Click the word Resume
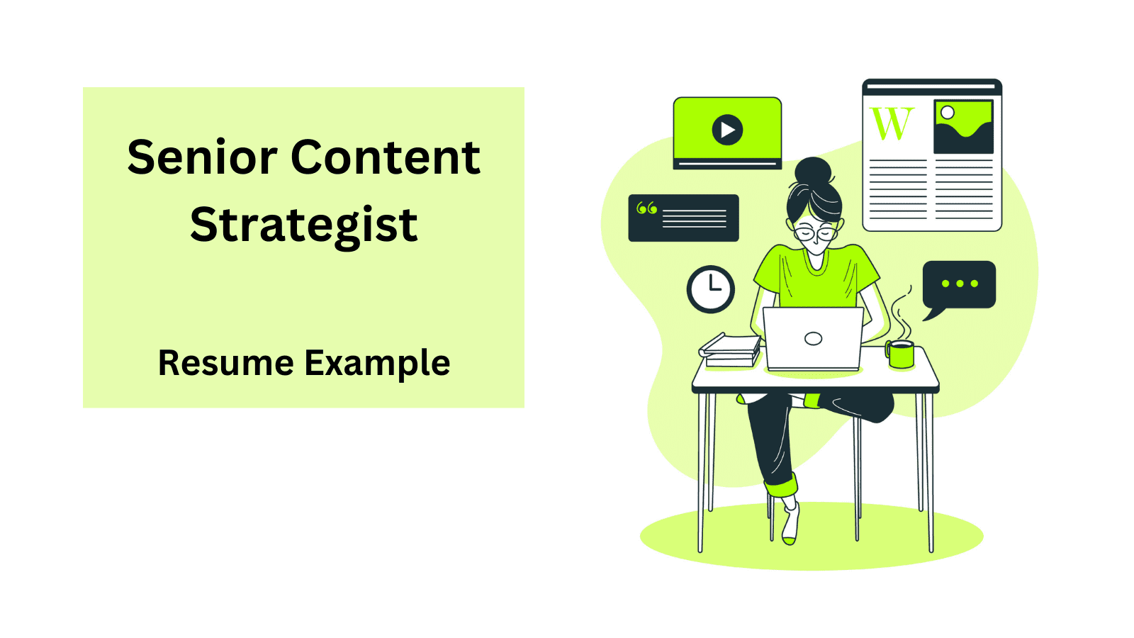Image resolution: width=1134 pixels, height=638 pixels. point(226,362)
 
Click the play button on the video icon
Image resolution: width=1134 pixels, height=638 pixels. point(727,130)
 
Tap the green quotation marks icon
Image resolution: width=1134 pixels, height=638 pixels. point(646,208)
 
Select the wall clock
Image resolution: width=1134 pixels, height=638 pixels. point(711,289)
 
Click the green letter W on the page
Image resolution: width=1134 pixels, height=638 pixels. point(892,123)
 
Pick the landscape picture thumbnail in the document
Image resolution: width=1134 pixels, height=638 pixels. point(963,127)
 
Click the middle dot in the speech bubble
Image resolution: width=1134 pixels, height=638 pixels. point(960,284)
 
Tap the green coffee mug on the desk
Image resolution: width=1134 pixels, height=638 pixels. point(900,354)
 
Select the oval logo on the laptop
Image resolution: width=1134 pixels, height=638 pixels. point(813,339)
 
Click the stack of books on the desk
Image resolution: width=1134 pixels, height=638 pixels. point(730,350)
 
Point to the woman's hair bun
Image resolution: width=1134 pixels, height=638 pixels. point(813,172)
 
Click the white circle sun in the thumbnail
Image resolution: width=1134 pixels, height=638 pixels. point(947,113)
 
